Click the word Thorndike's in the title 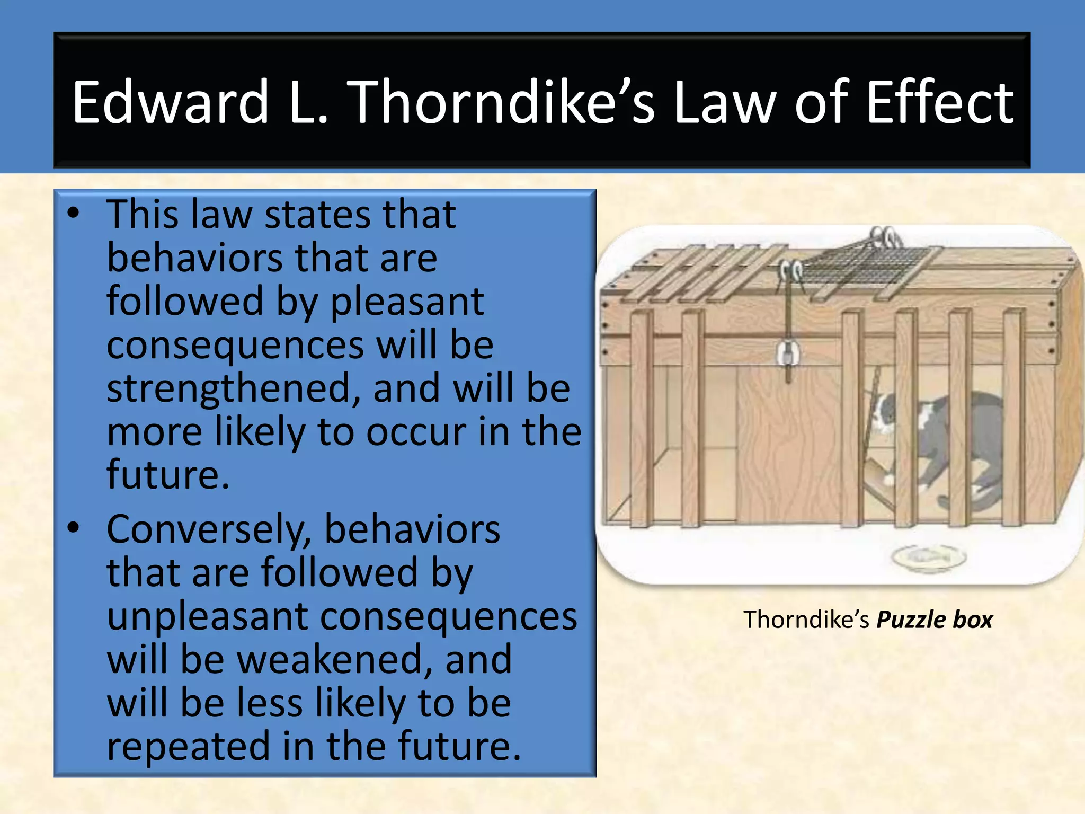click(x=503, y=102)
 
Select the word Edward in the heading click(x=171, y=102)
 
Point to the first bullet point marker click(x=73, y=214)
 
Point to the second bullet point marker click(x=73, y=528)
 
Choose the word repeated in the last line click(x=189, y=746)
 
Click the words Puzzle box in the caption click(x=934, y=620)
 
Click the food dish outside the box click(x=929, y=557)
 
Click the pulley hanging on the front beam click(x=788, y=353)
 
